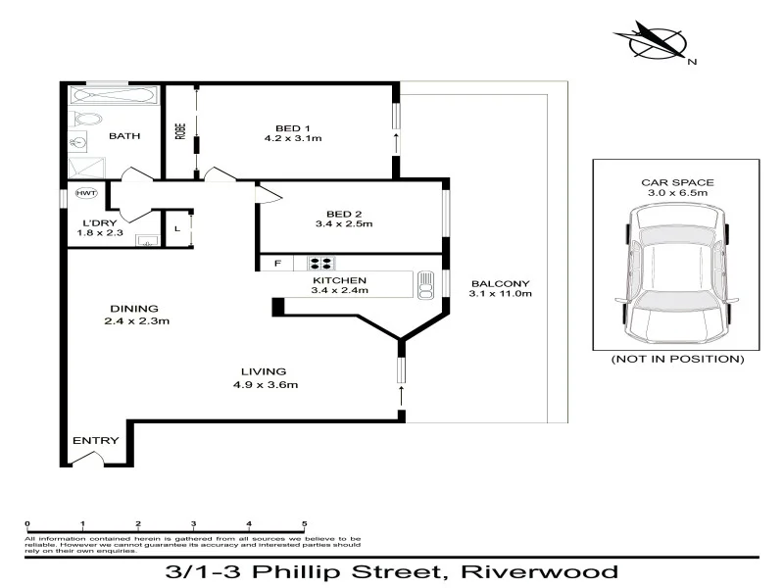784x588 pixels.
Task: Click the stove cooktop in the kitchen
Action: click(x=321, y=263)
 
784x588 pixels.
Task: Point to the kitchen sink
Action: click(x=425, y=284)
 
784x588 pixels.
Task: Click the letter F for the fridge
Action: click(x=277, y=263)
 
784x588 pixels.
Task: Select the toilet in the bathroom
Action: click(x=85, y=120)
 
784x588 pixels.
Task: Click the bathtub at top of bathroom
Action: click(x=112, y=97)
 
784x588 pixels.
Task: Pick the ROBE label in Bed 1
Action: click(x=179, y=130)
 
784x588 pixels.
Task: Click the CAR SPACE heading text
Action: click(x=677, y=182)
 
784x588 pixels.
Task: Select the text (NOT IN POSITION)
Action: click(x=677, y=360)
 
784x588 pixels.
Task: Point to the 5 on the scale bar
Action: click(x=305, y=524)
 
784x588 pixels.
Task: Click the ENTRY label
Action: click(x=96, y=441)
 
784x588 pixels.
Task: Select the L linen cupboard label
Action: click(x=175, y=230)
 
